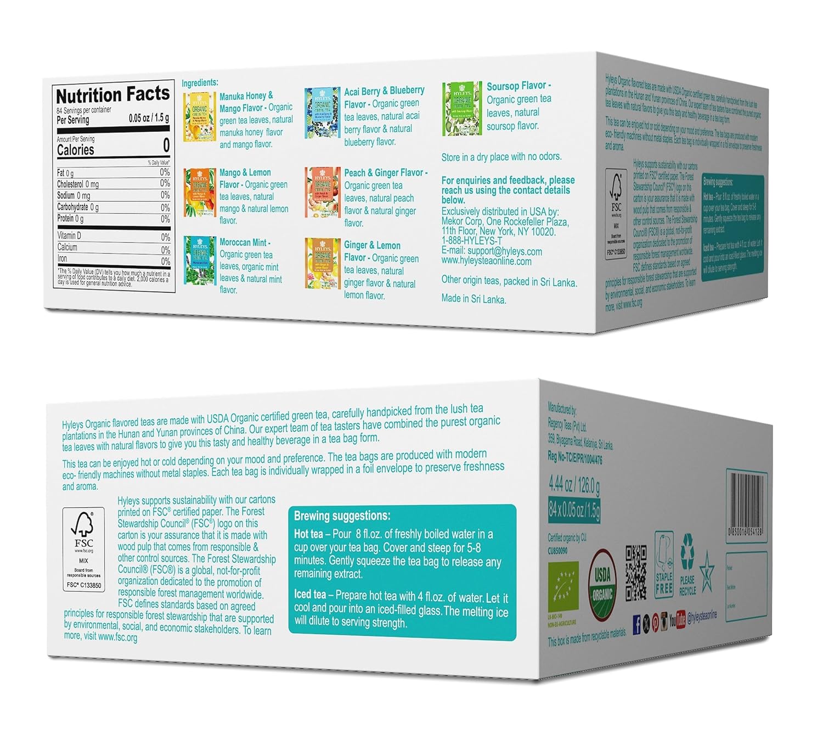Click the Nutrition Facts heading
pos(112,95)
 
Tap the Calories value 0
pos(166,146)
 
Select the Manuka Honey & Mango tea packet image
pos(200,117)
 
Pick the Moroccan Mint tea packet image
pos(200,260)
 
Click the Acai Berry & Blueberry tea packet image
pos(322,113)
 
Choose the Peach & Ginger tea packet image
pos(323,192)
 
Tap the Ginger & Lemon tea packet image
pos(323,264)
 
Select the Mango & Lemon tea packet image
pos(200,192)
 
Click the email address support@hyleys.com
pos(505,251)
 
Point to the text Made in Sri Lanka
pos(473,299)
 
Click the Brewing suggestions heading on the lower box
pos(342,516)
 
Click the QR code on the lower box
pos(636,573)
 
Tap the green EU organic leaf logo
pos(562,590)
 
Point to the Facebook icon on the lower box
pos(636,624)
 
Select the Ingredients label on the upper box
pos(200,83)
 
